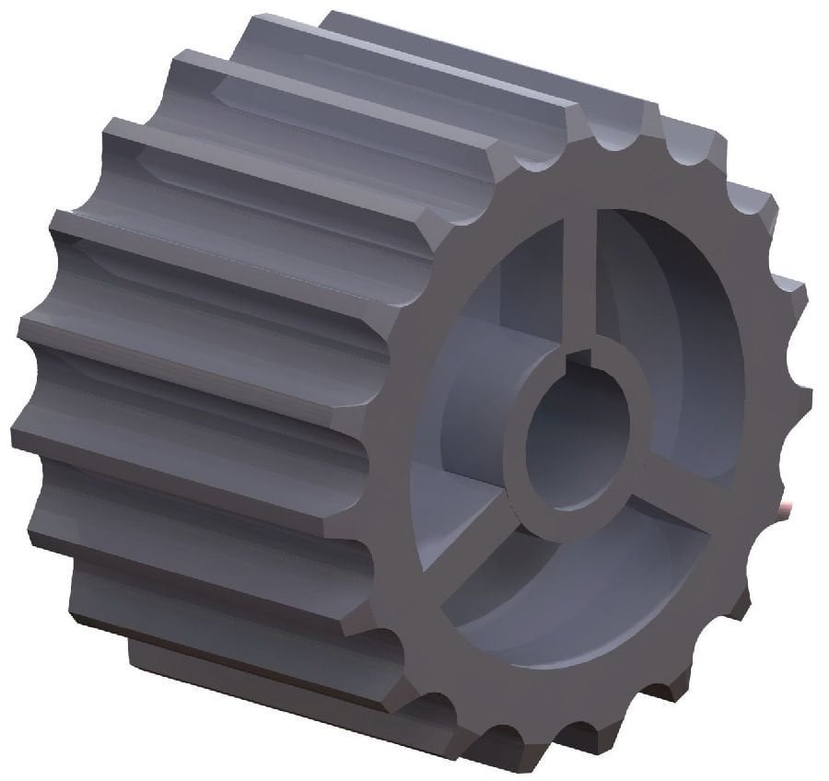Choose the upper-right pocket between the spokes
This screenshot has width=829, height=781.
click(x=682, y=350)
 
